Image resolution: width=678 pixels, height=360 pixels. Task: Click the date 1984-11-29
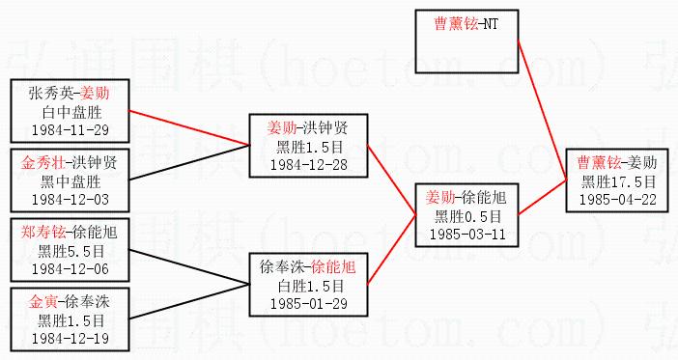click(71, 130)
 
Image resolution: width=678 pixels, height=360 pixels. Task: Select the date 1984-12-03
click(71, 200)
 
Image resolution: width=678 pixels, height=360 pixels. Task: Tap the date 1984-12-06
click(71, 269)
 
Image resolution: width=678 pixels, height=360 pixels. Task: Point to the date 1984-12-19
click(71, 339)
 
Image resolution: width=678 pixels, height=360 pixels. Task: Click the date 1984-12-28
click(309, 165)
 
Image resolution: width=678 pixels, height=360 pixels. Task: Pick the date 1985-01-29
click(309, 303)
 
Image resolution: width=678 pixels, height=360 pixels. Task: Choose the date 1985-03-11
click(467, 235)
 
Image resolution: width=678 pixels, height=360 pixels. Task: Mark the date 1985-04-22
click(618, 200)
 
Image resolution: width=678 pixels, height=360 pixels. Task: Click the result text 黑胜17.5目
click(618, 182)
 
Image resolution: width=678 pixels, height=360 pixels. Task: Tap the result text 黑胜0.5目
click(467, 216)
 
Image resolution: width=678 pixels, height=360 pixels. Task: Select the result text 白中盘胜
click(71, 113)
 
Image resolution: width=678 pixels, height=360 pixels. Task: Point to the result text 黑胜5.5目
click(71, 252)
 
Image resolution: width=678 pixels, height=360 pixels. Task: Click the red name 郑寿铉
click(43, 233)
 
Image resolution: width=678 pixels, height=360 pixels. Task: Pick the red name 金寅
click(43, 302)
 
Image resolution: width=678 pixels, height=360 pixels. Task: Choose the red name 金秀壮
click(43, 163)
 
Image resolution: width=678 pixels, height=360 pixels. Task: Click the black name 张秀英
click(50, 93)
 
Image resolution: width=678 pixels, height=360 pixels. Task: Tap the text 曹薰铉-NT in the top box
click(466, 24)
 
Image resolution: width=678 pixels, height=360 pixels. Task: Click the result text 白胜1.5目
click(310, 286)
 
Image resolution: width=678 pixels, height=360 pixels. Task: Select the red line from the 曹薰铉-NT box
click(542, 110)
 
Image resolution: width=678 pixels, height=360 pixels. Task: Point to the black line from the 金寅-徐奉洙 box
click(189, 302)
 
